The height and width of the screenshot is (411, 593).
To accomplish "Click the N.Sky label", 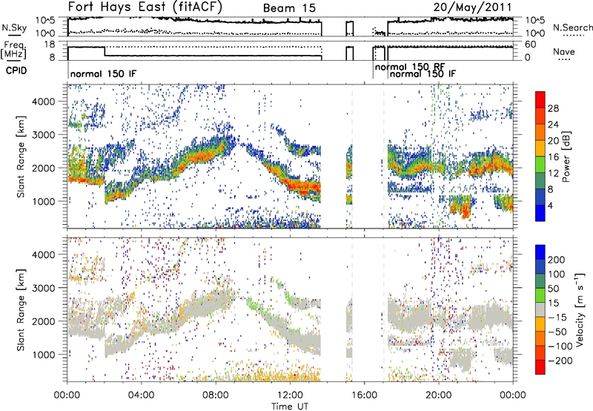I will (x=11, y=28).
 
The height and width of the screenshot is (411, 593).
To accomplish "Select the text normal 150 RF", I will (x=410, y=67).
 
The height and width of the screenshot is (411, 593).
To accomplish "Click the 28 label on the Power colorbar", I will (x=553, y=108).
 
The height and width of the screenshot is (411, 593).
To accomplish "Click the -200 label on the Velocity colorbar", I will (x=557, y=361).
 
